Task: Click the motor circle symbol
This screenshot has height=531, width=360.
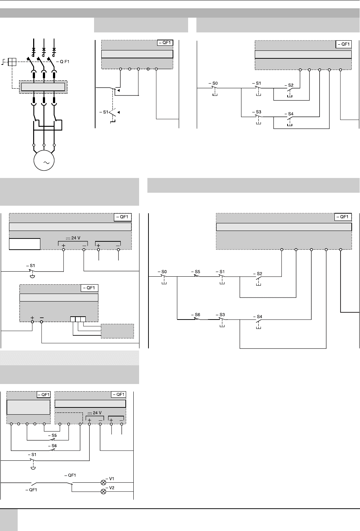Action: point(44,160)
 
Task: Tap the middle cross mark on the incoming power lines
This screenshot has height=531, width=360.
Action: point(44,50)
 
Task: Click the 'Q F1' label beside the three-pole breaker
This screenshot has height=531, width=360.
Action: point(64,62)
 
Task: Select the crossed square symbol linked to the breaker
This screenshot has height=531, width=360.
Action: point(12,62)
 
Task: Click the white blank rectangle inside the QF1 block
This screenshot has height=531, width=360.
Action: point(25,244)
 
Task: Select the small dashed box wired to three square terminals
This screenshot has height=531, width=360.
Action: point(117,331)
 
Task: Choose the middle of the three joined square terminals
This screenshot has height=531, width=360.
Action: point(78,319)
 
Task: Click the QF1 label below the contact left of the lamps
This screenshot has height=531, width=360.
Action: point(31,490)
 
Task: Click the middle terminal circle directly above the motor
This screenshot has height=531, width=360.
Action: point(44,145)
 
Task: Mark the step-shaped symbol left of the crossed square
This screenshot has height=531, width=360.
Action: point(3,62)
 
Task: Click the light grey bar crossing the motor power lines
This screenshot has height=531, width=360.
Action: point(43,87)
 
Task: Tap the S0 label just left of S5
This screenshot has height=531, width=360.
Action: point(164,272)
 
